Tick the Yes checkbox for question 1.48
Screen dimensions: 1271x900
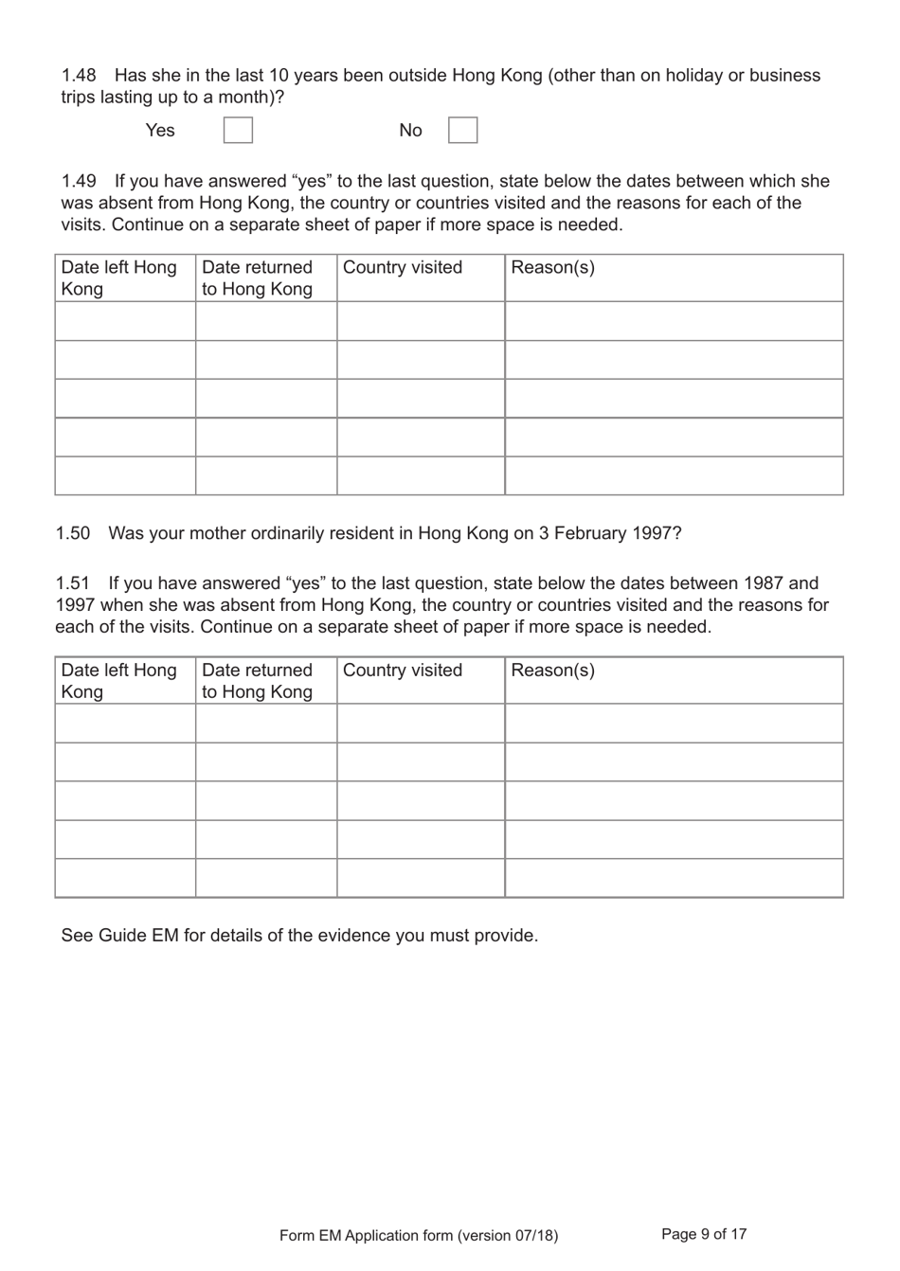[x=238, y=130]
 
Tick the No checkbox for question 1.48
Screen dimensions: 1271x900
[x=462, y=130]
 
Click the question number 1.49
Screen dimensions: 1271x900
[x=79, y=181]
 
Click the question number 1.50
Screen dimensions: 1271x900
[x=73, y=533]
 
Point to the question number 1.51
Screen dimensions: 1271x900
[x=73, y=583]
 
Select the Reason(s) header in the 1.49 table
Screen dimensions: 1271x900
[x=552, y=267]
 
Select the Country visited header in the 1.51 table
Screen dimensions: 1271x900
[x=403, y=670]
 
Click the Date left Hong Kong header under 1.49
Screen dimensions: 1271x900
[x=118, y=277]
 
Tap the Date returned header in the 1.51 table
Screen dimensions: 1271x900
[x=257, y=680]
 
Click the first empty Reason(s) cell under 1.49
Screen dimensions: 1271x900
[x=674, y=321]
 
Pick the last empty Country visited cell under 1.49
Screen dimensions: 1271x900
[x=421, y=475]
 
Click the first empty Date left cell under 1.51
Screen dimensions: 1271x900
[x=125, y=724]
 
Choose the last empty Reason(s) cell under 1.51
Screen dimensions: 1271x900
[x=674, y=878]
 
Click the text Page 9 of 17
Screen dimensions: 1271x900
[x=704, y=1234]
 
